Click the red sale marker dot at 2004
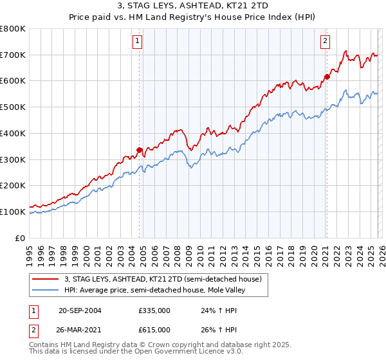(139, 150)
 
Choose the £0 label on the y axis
(21, 238)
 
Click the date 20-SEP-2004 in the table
(80, 310)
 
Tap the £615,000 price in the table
(154, 329)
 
